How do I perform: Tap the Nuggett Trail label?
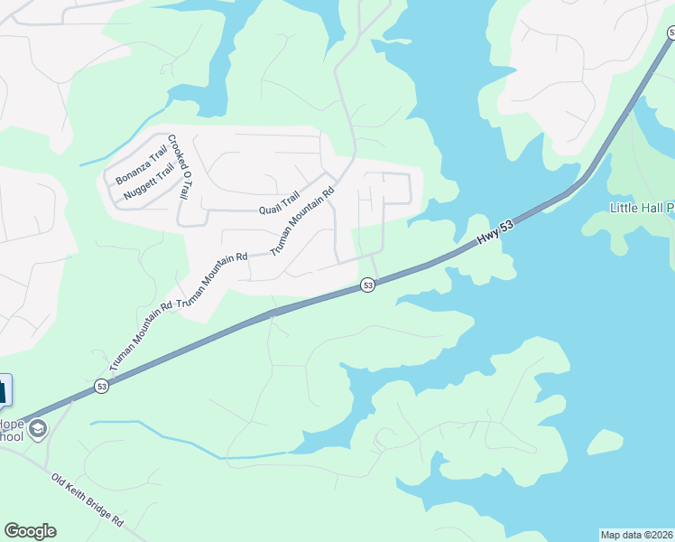(148, 179)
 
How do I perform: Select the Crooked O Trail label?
(180, 169)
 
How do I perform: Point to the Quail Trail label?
(278, 205)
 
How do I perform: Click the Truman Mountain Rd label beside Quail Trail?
(303, 219)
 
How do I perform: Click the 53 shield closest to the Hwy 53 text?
(367, 285)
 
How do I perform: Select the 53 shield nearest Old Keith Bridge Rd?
(101, 387)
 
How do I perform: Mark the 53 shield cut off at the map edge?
(670, 33)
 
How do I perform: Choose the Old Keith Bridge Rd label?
(88, 502)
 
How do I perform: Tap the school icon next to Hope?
(38, 428)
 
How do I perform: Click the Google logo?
(30, 531)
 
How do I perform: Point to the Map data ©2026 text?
(636, 535)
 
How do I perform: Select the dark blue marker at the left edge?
(3, 391)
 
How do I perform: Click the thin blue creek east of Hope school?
(162, 438)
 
